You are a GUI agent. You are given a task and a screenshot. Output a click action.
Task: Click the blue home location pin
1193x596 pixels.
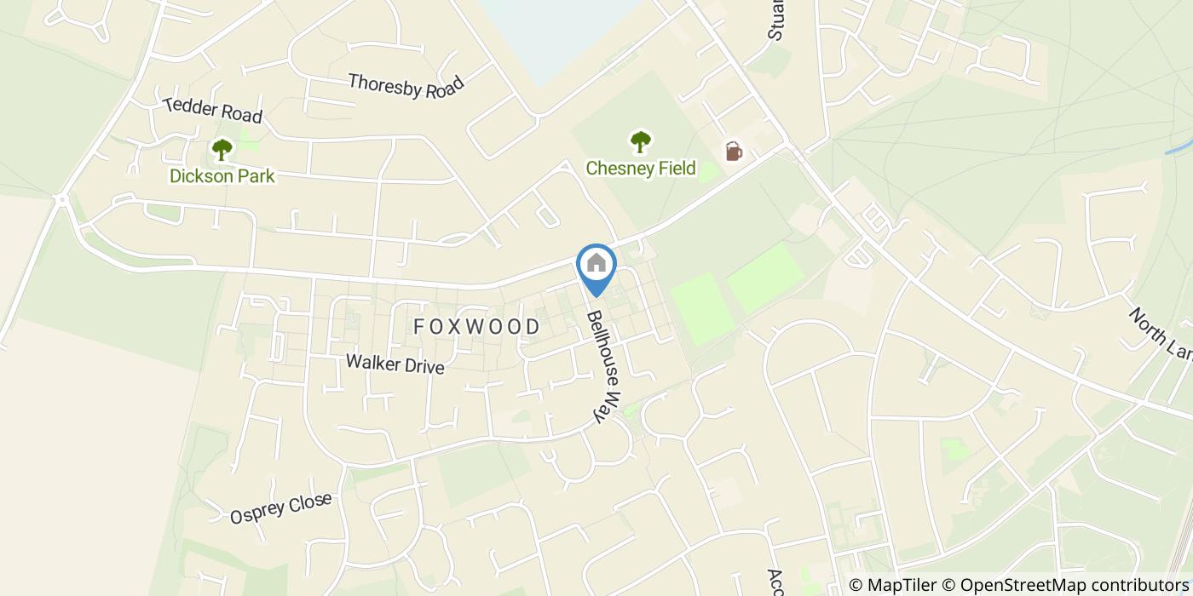pos(596,269)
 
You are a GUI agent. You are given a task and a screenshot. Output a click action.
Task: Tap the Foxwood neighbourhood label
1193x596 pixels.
pos(477,327)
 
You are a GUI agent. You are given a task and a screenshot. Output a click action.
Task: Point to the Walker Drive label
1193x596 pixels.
pos(395,364)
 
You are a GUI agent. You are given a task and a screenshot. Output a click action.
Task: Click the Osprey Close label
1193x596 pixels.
pos(280,508)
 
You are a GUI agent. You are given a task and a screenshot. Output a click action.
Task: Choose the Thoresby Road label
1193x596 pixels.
pos(406,86)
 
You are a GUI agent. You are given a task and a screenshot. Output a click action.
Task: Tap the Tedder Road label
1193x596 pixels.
pos(212,109)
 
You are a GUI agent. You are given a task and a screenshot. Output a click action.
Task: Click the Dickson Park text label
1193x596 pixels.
pos(222,176)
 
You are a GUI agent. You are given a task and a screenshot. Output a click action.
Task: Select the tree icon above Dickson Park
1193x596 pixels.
pos(222,151)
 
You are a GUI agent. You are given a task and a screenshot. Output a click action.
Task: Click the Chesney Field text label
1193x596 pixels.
pos(641,169)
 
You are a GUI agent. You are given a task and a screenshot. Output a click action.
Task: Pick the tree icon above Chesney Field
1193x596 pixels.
pos(641,141)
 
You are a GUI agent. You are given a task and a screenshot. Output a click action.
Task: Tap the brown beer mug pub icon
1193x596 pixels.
pos(733,152)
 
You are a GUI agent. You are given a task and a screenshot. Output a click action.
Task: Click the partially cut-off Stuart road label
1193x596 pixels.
pos(775,21)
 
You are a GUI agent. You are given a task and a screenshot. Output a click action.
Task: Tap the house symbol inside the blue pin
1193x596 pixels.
pos(596,262)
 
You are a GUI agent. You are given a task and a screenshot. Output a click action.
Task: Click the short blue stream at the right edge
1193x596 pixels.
pos(1179,144)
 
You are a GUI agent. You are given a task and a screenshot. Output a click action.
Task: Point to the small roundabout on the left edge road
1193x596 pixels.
pos(61,200)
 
